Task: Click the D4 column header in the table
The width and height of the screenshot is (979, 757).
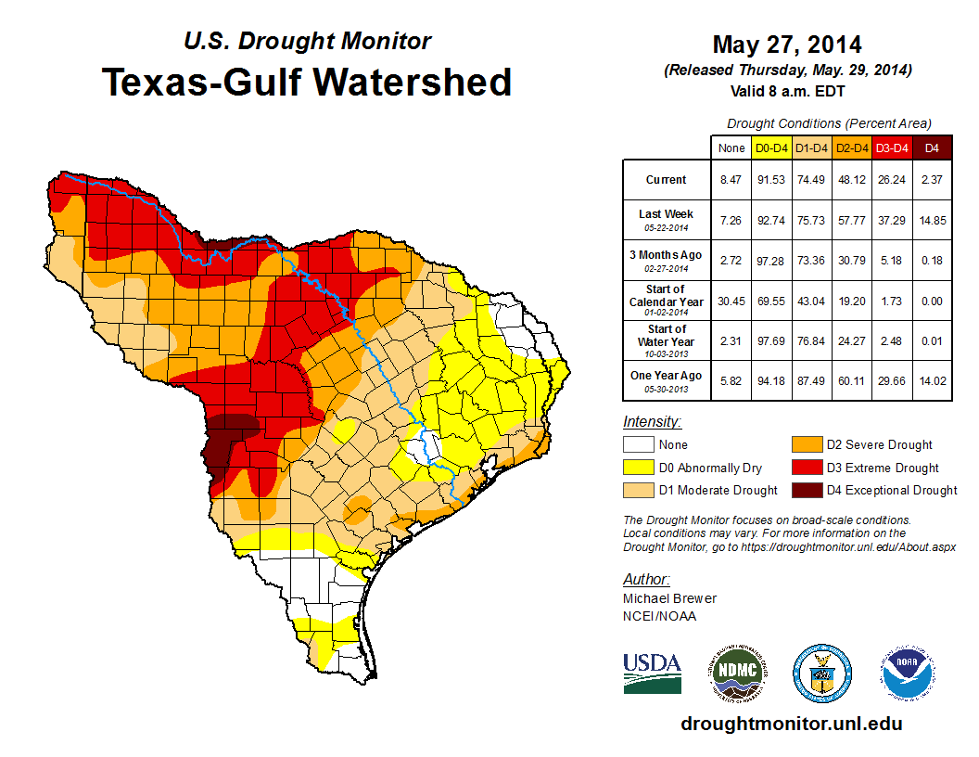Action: (x=932, y=148)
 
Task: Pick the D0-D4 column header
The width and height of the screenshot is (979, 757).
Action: (x=771, y=148)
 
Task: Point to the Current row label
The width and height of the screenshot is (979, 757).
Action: (x=667, y=180)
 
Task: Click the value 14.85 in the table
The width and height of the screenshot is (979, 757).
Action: (x=932, y=220)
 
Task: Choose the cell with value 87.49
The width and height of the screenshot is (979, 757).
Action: (x=811, y=380)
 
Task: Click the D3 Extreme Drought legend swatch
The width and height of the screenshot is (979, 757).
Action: (x=804, y=468)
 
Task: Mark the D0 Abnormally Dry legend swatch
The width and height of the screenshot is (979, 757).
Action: (x=637, y=468)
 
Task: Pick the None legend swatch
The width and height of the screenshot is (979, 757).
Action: (x=637, y=445)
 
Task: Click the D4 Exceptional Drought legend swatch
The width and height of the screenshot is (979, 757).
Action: (x=804, y=490)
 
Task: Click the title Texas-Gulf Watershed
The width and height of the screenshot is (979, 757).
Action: (x=307, y=82)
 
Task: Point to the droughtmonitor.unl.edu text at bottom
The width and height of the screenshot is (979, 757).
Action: (x=791, y=724)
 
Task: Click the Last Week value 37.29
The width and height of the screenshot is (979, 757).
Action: (x=892, y=220)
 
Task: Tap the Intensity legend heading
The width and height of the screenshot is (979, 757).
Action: (x=653, y=422)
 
